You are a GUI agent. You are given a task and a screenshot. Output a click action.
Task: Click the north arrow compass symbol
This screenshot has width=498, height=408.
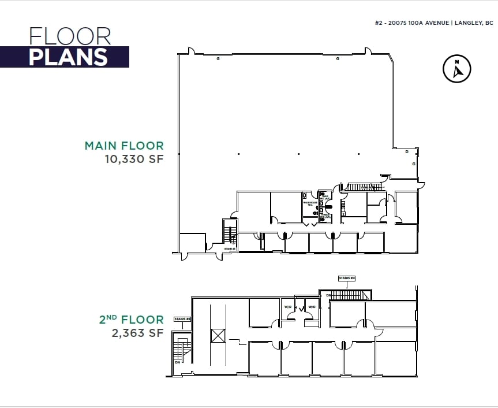click(457, 69)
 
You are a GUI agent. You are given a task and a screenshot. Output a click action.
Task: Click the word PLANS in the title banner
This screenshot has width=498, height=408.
click(68, 57)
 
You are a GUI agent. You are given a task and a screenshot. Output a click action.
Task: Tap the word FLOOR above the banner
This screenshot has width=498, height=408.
click(70, 36)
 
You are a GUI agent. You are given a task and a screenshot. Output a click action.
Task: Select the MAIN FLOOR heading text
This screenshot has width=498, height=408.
click(124, 146)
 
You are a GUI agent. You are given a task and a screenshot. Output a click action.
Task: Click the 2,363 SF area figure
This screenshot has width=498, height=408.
click(138, 333)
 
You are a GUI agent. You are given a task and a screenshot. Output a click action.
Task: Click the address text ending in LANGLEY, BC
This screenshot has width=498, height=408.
click(433, 23)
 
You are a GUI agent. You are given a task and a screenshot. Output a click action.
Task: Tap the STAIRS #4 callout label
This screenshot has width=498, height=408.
click(347, 278)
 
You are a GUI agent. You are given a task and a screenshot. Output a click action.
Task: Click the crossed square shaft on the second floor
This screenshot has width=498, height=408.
click(218, 335)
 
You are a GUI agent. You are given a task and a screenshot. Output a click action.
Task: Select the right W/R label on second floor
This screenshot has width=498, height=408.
click(312, 307)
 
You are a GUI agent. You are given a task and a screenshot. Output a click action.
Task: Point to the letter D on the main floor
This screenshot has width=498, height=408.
click(407, 151)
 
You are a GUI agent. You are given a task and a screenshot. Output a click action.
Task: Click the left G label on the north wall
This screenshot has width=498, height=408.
click(218, 59)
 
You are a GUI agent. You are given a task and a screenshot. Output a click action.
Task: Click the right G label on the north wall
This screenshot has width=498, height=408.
click(337, 59)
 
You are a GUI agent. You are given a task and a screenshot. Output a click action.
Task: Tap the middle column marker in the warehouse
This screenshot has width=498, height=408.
click(298, 154)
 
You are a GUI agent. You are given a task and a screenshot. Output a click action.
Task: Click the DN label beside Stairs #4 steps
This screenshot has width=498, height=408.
click(328, 295)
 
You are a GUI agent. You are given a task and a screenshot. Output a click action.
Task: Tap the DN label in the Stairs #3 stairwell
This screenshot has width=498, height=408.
click(178, 362)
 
